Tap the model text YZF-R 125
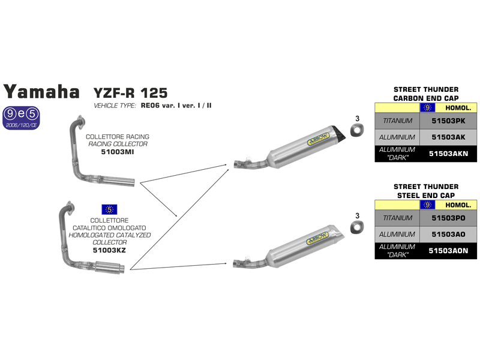pyautogui.click(x=130, y=92)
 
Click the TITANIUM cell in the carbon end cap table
pyautogui.click(x=398, y=121)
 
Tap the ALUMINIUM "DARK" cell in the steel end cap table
pyautogui.click(x=398, y=251)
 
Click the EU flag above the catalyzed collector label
pyautogui.click(x=109, y=209)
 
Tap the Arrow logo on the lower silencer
pyautogui.click(x=317, y=236)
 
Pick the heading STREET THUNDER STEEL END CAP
pyautogui.click(x=426, y=191)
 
